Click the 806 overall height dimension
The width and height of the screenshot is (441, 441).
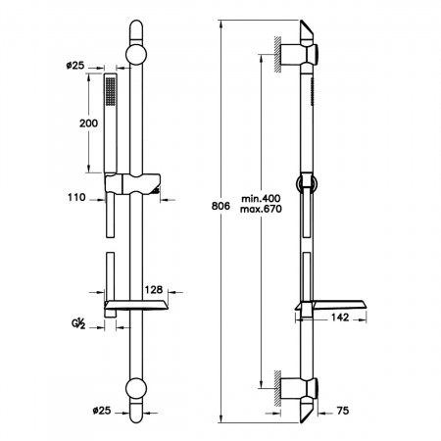coord(220,206)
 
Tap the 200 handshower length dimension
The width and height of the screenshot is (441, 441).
coord(88,123)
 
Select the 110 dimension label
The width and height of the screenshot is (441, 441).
coord(76,197)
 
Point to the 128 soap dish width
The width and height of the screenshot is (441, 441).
coord(154,289)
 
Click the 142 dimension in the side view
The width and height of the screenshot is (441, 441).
coord(340,318)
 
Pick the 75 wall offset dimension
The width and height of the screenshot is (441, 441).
coord(343,411)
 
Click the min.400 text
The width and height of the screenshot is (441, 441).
coord(261,198)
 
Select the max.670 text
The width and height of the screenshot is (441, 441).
coord(261,209)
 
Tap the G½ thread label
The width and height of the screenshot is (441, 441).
coord(78,323)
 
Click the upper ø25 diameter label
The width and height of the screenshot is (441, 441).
coord(75,66)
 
